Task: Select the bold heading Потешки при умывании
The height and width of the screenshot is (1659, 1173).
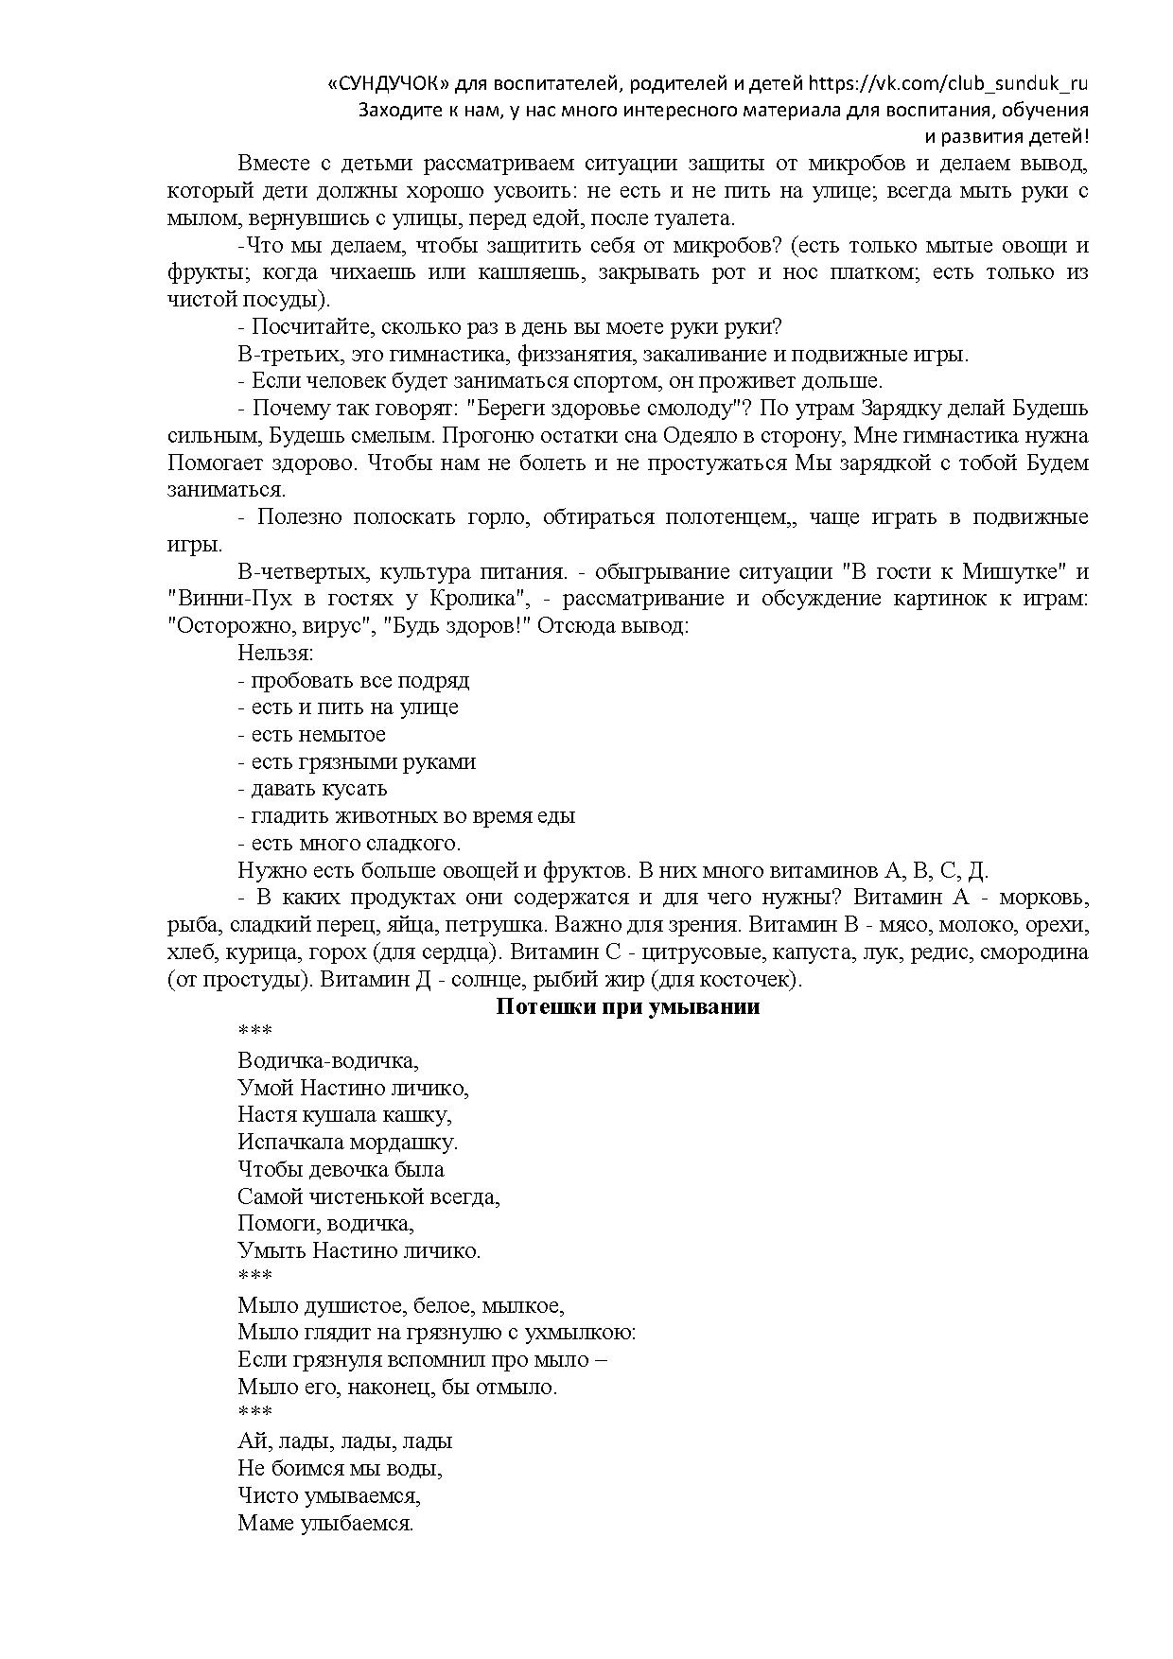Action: point(628,1006)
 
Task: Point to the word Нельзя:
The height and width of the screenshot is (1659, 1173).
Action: point(275,653)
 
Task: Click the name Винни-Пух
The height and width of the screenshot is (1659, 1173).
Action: point(221,599)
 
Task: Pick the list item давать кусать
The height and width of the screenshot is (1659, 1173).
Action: point(312,789)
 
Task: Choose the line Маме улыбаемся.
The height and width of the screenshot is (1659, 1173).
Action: point(326,1523)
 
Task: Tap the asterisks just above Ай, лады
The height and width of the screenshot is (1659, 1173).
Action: point(254,1413)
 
